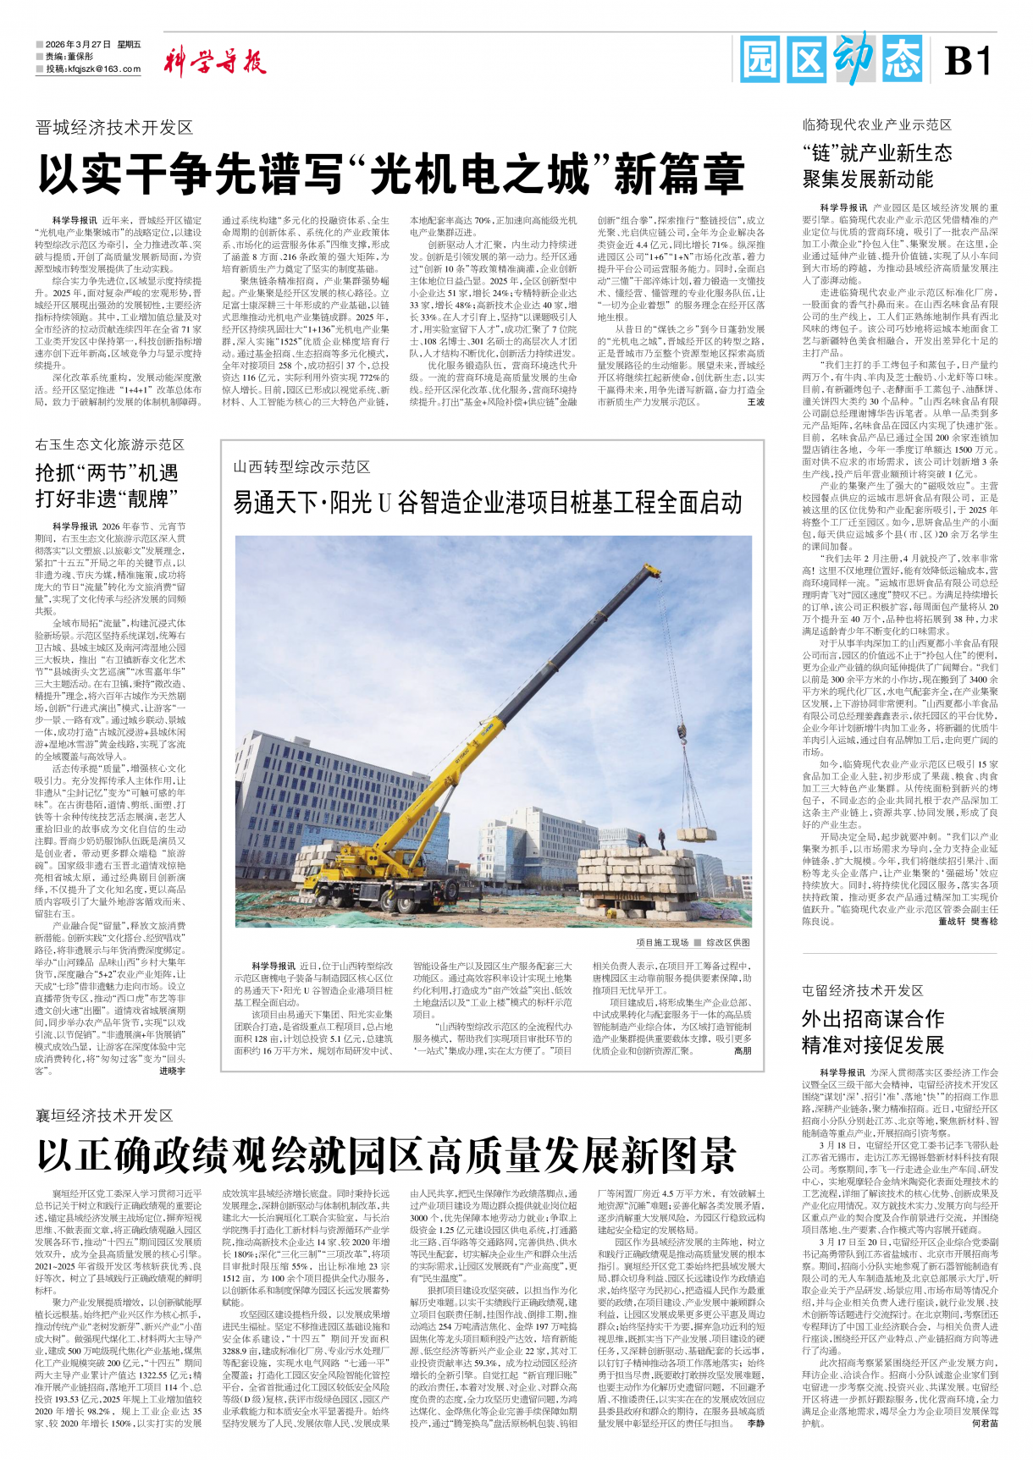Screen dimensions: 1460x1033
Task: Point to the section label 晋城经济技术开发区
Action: (114, 128)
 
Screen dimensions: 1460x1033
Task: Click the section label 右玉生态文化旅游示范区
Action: (109, 444)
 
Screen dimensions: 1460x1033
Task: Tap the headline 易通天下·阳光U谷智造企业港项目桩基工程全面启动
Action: (488, 503)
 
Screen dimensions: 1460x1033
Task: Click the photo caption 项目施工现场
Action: (662, 942)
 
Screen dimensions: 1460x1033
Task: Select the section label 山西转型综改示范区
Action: (301, 467)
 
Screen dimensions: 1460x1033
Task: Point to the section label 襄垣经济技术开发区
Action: (104, 1115)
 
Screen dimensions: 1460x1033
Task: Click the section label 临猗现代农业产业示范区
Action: (877, 124)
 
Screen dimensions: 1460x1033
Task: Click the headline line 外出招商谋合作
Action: (873, 1018)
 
